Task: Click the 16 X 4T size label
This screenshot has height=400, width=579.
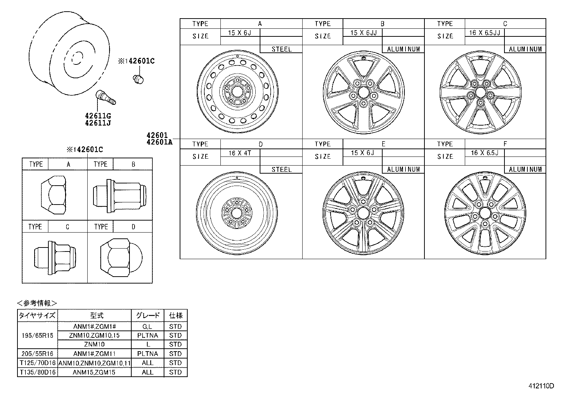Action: coord(240,153)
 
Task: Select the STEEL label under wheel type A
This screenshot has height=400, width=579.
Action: coord(281,49)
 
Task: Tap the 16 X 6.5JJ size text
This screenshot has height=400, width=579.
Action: coord(484,33)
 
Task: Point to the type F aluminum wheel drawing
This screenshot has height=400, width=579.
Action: coord(485,213)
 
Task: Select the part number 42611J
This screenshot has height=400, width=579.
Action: coord(98,123)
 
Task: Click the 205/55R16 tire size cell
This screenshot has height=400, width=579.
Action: coord(37,353)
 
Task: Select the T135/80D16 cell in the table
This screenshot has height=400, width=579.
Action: coord(37,372)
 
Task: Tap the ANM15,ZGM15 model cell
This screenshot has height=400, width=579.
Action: coord(94,372)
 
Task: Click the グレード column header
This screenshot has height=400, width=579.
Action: coord(148,316)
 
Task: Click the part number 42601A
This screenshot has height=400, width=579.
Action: coord(159,142)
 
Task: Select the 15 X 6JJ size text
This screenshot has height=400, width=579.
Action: coord(363,33)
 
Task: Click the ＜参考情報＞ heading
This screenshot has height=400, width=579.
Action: coord(37,303)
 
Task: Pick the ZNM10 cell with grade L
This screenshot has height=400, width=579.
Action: coord(94,344)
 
